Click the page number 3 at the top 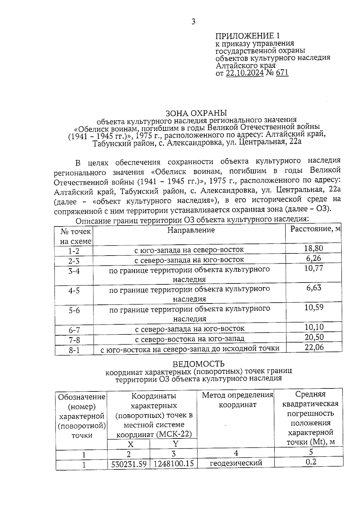click(193, 22)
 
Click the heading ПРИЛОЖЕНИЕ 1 click(247, 36)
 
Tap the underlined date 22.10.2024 click(245, 73)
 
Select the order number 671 click(282, 73)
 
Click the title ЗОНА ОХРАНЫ click(196, 113)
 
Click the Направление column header click(191, 230)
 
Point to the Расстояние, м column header click(315, 229)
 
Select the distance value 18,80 click(314, 248)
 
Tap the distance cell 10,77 click(314, 268)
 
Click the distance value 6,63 click(314, 288)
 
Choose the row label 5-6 click(74, 310)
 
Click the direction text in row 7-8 click(190, 339)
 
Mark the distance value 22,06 click(314, 348)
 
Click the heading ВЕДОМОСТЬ click(198, 364)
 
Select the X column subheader click(130, 444)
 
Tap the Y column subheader click(175, 444)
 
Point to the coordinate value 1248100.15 click(174, 464)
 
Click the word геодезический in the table click(236, 463)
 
